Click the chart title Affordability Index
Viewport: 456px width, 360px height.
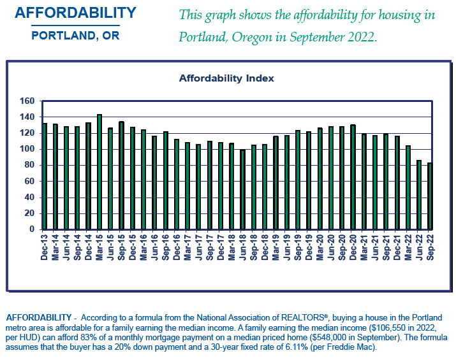point(226,78)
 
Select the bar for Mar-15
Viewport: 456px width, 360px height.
point(99,172)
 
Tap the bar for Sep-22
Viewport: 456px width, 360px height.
point(430,196)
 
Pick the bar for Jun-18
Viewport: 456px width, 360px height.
point(242,189)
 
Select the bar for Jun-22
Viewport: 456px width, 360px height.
point(419,194)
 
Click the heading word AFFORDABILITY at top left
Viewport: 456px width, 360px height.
point(75,13)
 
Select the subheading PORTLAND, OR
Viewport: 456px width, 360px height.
point(75,36)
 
